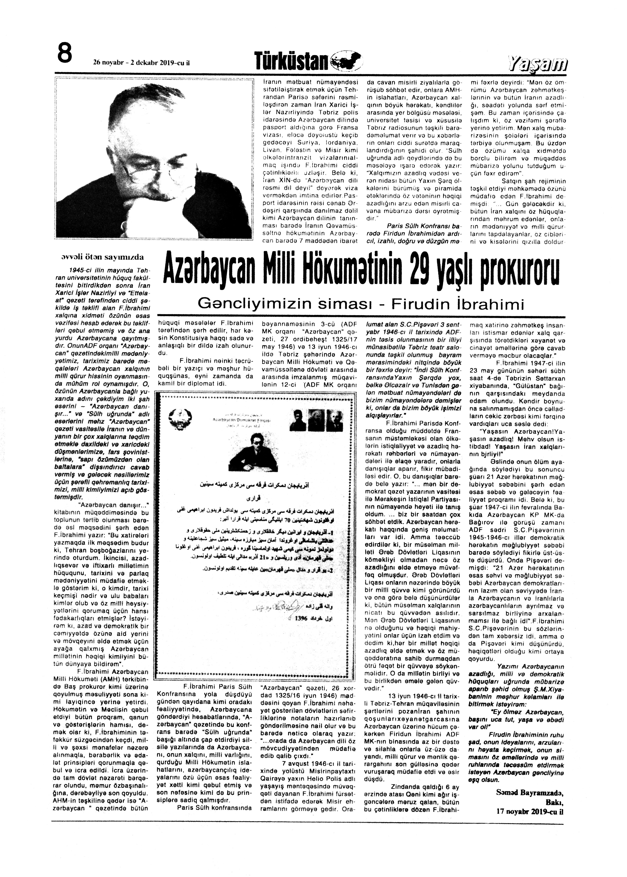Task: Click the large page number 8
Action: (65, 53)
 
